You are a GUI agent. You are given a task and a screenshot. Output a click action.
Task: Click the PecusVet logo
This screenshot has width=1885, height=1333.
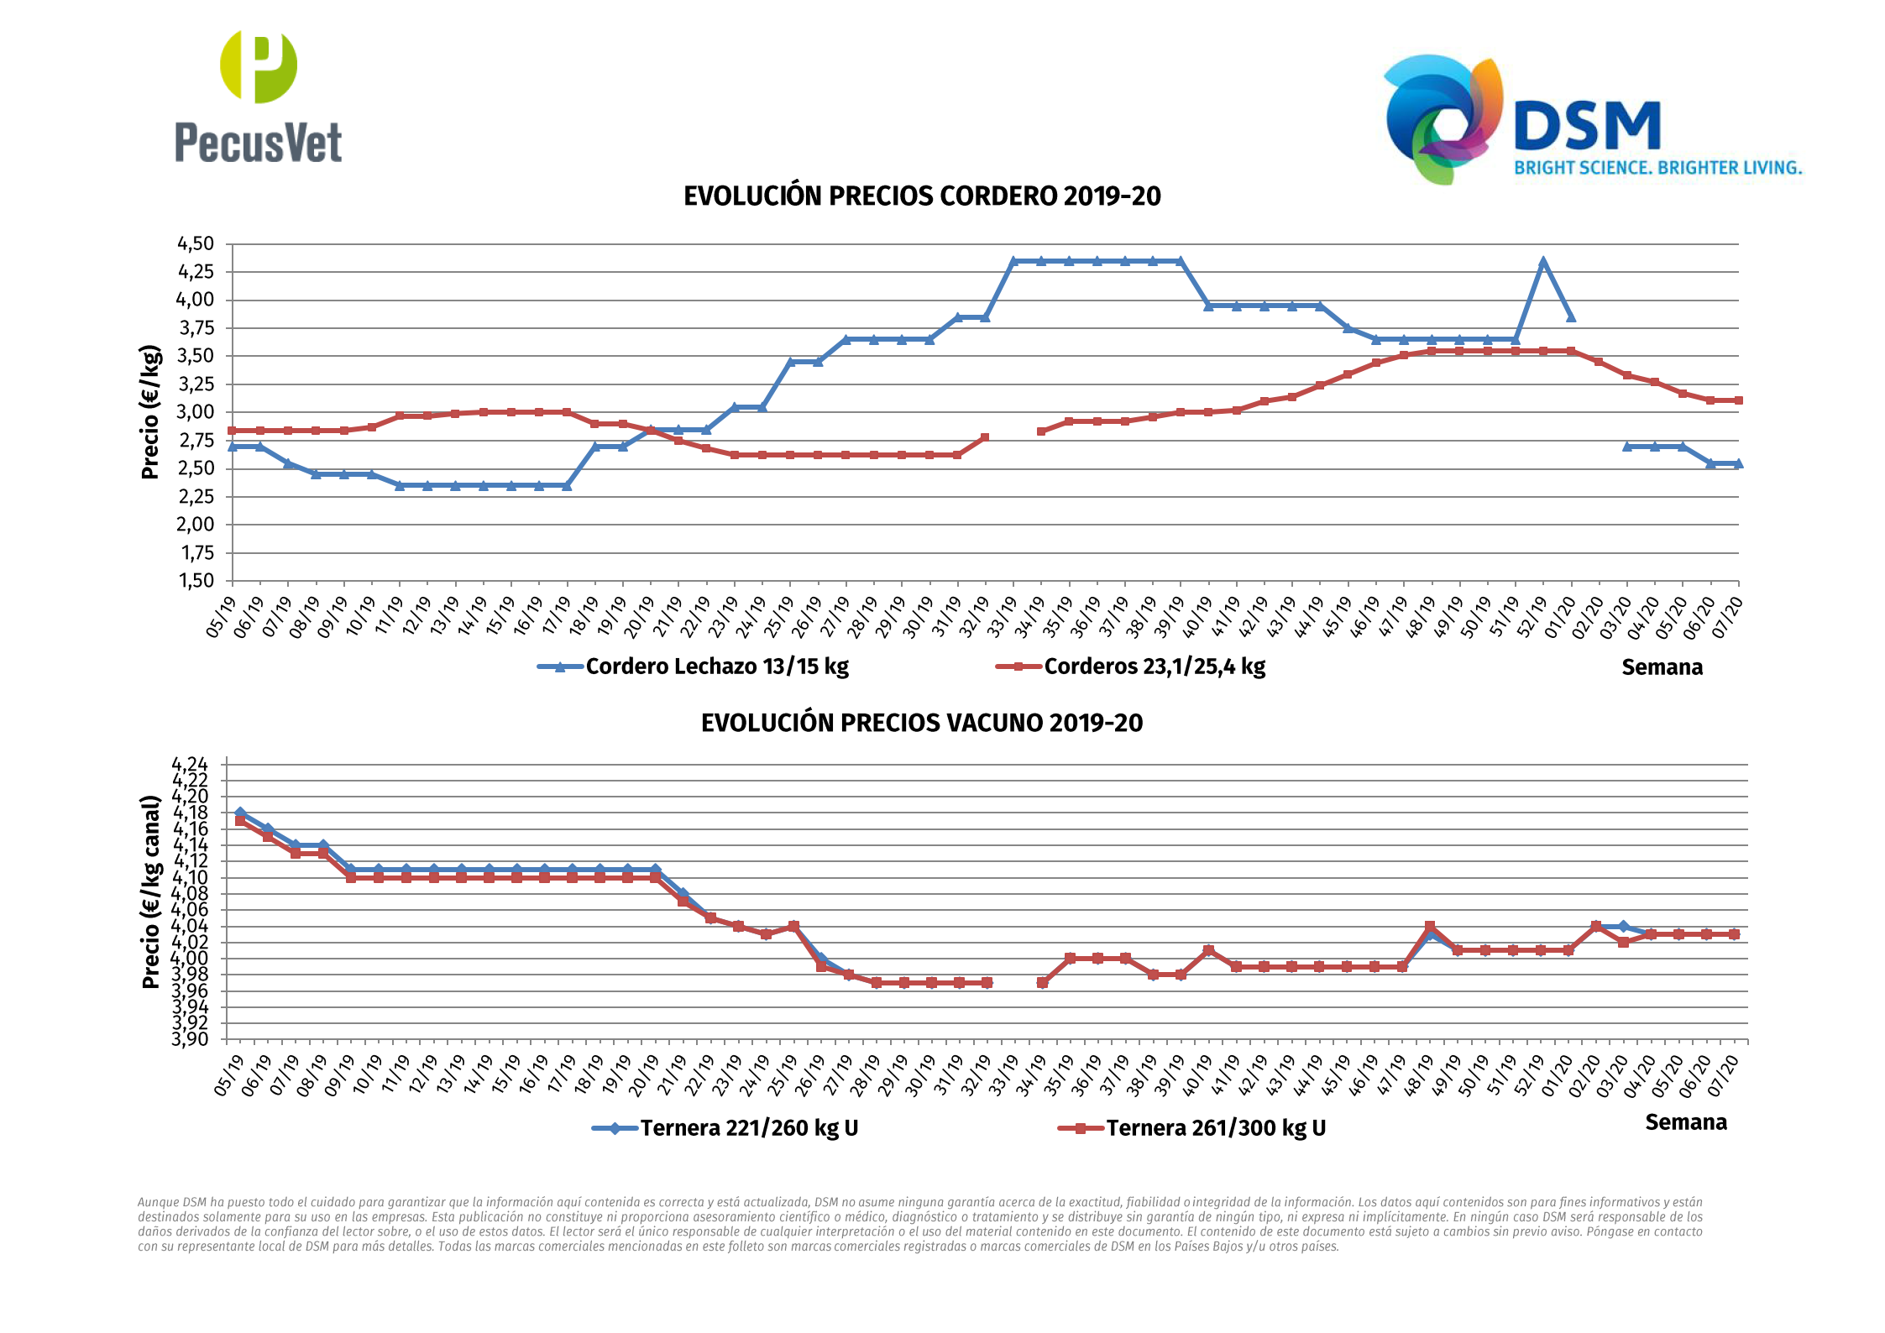(x=258, y=97)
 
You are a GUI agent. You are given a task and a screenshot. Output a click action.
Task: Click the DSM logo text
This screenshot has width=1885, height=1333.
(x=1587, y=126)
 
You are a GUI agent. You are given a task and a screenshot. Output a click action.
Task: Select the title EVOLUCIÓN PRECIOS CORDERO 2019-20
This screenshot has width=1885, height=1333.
(x=921, y=196)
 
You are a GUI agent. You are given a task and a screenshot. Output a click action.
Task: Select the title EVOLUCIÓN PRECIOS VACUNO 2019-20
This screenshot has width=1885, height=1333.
(x=921, y=723)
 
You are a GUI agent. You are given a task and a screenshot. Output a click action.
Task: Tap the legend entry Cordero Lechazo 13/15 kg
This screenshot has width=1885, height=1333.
(x=716, y=666)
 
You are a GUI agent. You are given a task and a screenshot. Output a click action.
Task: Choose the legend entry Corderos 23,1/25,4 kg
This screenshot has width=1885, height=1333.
(x=1154, y=666)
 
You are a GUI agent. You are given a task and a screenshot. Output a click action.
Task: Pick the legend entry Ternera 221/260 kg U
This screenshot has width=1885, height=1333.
(x=748, y=1128)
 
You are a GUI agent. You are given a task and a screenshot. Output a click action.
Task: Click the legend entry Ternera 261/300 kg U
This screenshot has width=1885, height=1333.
(x=1215, y=1128)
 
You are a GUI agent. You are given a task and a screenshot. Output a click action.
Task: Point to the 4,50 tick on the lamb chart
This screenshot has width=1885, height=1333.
(x=195, y=243)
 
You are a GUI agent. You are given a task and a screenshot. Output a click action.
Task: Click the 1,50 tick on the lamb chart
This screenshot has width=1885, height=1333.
(x=195, y=580)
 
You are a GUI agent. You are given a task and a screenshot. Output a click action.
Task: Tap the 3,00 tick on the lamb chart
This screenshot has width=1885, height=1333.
(x=195, y=411)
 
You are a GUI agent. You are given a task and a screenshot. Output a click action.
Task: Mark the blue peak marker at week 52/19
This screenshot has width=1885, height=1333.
(x=1542, y=262)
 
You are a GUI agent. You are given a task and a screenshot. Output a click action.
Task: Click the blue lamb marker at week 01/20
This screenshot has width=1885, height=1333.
(x=1570, y=317)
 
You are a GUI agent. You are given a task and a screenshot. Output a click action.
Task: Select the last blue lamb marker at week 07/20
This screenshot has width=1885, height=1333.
(x=1737, y=463)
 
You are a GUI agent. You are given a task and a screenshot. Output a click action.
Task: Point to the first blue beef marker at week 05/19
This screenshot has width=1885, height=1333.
(x=240, y=813)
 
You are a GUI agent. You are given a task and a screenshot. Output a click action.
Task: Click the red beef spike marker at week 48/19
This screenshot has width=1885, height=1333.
(x=1430, y=926)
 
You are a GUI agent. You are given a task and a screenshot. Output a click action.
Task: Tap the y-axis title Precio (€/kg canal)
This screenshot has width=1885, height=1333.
(x=151, y=891)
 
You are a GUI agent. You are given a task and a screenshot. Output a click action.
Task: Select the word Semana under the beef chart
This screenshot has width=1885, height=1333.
(x=1685, y=1122)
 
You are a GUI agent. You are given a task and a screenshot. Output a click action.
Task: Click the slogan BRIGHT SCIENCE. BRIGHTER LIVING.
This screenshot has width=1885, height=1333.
(x=1657, y=168)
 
